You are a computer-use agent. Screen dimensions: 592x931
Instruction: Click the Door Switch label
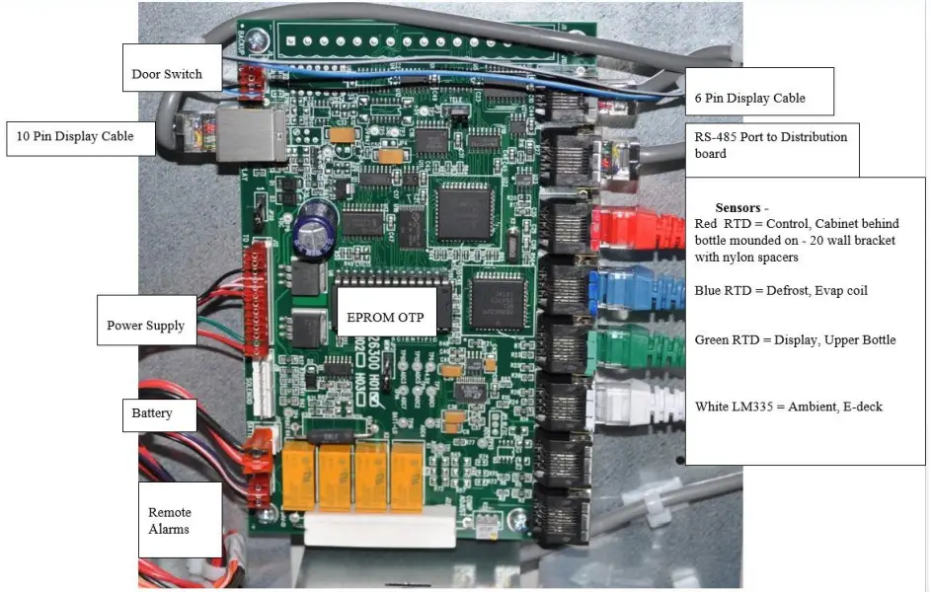(168, 74)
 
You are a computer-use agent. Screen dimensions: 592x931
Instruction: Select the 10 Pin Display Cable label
(83, 136)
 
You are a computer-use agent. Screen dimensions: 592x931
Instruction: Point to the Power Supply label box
(145, 326)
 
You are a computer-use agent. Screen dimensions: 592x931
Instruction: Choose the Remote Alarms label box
(170, 520)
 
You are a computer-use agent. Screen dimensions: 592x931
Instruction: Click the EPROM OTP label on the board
(387, 319)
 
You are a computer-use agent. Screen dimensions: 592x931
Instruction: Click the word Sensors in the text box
(740, 208)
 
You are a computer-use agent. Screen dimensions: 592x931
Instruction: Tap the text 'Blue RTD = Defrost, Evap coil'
(781, 290)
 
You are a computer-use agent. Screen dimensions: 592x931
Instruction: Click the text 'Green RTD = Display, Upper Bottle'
(795, 339)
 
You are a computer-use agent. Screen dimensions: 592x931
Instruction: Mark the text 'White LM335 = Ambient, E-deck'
(788, 406)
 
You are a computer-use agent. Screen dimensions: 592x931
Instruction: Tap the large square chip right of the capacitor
(462, 212)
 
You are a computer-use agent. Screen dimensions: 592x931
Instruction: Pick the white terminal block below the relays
(379, 528)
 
